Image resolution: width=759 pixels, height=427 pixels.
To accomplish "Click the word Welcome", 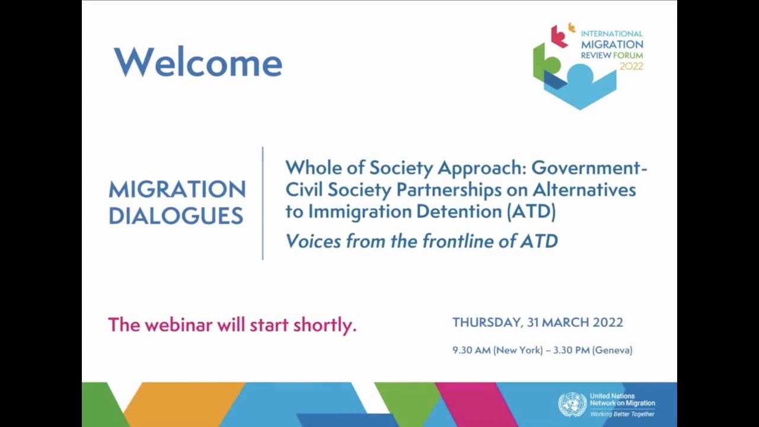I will (198, 62).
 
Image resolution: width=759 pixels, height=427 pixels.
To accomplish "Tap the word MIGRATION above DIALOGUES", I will (177, 190).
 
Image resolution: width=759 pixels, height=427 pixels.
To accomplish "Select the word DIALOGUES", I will (176, 216).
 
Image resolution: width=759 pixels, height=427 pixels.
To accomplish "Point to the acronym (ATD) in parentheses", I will (531, 211).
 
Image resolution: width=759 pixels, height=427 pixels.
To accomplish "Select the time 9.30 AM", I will (471, 350).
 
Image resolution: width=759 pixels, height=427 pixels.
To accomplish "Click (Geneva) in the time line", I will (612, 350).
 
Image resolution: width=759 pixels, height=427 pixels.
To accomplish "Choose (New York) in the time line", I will (519, 350).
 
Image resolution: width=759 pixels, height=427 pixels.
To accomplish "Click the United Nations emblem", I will (572, 404).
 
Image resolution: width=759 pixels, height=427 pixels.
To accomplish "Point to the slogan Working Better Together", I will (622, 414).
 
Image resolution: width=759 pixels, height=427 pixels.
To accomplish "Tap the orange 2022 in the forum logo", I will (631, 66).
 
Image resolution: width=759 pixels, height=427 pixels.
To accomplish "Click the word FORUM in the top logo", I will (629, 55).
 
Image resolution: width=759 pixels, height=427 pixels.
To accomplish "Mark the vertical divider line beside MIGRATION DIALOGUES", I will (263, 203).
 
